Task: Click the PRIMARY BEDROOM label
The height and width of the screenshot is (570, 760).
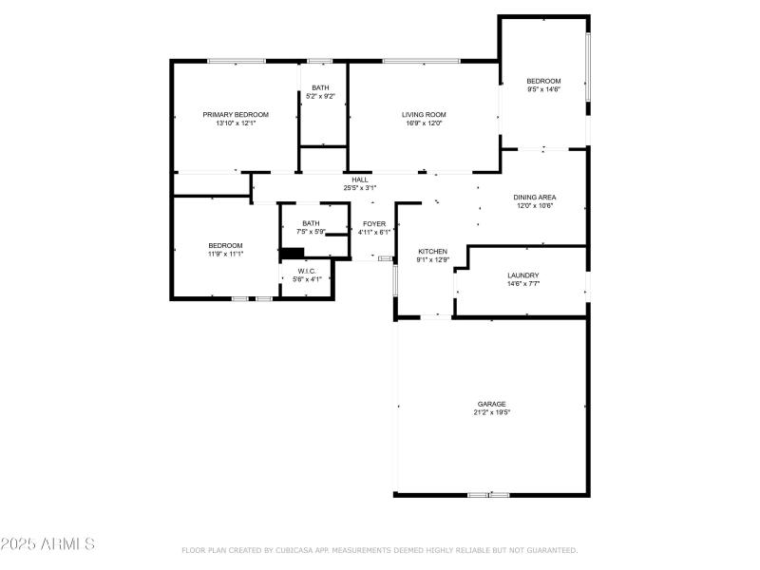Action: (x=236, y=114)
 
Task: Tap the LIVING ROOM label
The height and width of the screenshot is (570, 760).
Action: (x=423, y=114)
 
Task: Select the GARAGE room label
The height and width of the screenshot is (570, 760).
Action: (x=491, y=404)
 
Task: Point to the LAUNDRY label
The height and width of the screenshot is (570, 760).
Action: (x=522, y=275)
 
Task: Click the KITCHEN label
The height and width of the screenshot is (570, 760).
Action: (x=432, y=252)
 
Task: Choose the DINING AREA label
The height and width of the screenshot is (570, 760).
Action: (x=535, y=197)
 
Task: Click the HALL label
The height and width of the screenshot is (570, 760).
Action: (x=360, y=180)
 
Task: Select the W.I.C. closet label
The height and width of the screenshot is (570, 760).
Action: (x=306, y=271)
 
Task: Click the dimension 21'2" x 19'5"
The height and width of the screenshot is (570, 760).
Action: (x=491, y=412)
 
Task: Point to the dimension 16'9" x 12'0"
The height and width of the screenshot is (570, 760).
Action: (x=423, y=123)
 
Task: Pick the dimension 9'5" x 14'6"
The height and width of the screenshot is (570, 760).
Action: (x=544, y=89)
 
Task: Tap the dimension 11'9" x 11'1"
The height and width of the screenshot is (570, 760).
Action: (x=226, y=254)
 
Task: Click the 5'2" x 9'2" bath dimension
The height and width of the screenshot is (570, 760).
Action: (x=321, y=96)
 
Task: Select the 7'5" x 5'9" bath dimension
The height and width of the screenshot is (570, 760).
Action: (x=311, y=231)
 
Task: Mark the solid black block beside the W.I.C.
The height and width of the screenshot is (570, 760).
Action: (x=292, y=253)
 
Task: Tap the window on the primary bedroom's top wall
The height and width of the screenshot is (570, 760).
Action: (x=237, y=62)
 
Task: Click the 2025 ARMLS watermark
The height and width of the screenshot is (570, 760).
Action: (x=47, y=544)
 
